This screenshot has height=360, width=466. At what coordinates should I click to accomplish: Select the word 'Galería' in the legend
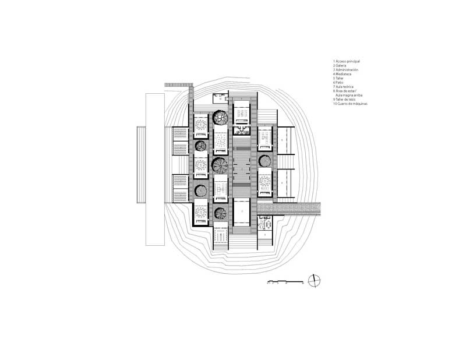pos(341,66)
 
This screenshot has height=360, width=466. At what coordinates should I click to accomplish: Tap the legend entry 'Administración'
pos(347,70)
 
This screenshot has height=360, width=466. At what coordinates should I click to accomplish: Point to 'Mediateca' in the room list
pos(344,74)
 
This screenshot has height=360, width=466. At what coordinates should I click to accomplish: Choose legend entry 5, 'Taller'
pos(339,78)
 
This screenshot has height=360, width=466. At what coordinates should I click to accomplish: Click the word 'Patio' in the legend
pos(339,82)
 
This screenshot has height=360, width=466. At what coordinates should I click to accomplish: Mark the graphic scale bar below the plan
pos(285,282)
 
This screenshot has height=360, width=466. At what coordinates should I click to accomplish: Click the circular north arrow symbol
pos(314,280)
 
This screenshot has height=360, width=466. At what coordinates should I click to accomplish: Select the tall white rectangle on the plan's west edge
pos(155,169)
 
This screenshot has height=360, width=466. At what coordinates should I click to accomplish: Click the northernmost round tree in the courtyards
pos(220,117)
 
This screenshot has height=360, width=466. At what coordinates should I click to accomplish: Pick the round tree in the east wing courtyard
pos(263,161)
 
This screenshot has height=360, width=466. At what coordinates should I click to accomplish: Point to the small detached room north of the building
pos(221,97)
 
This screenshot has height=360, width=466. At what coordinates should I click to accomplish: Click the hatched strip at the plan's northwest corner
pos(178,85)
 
